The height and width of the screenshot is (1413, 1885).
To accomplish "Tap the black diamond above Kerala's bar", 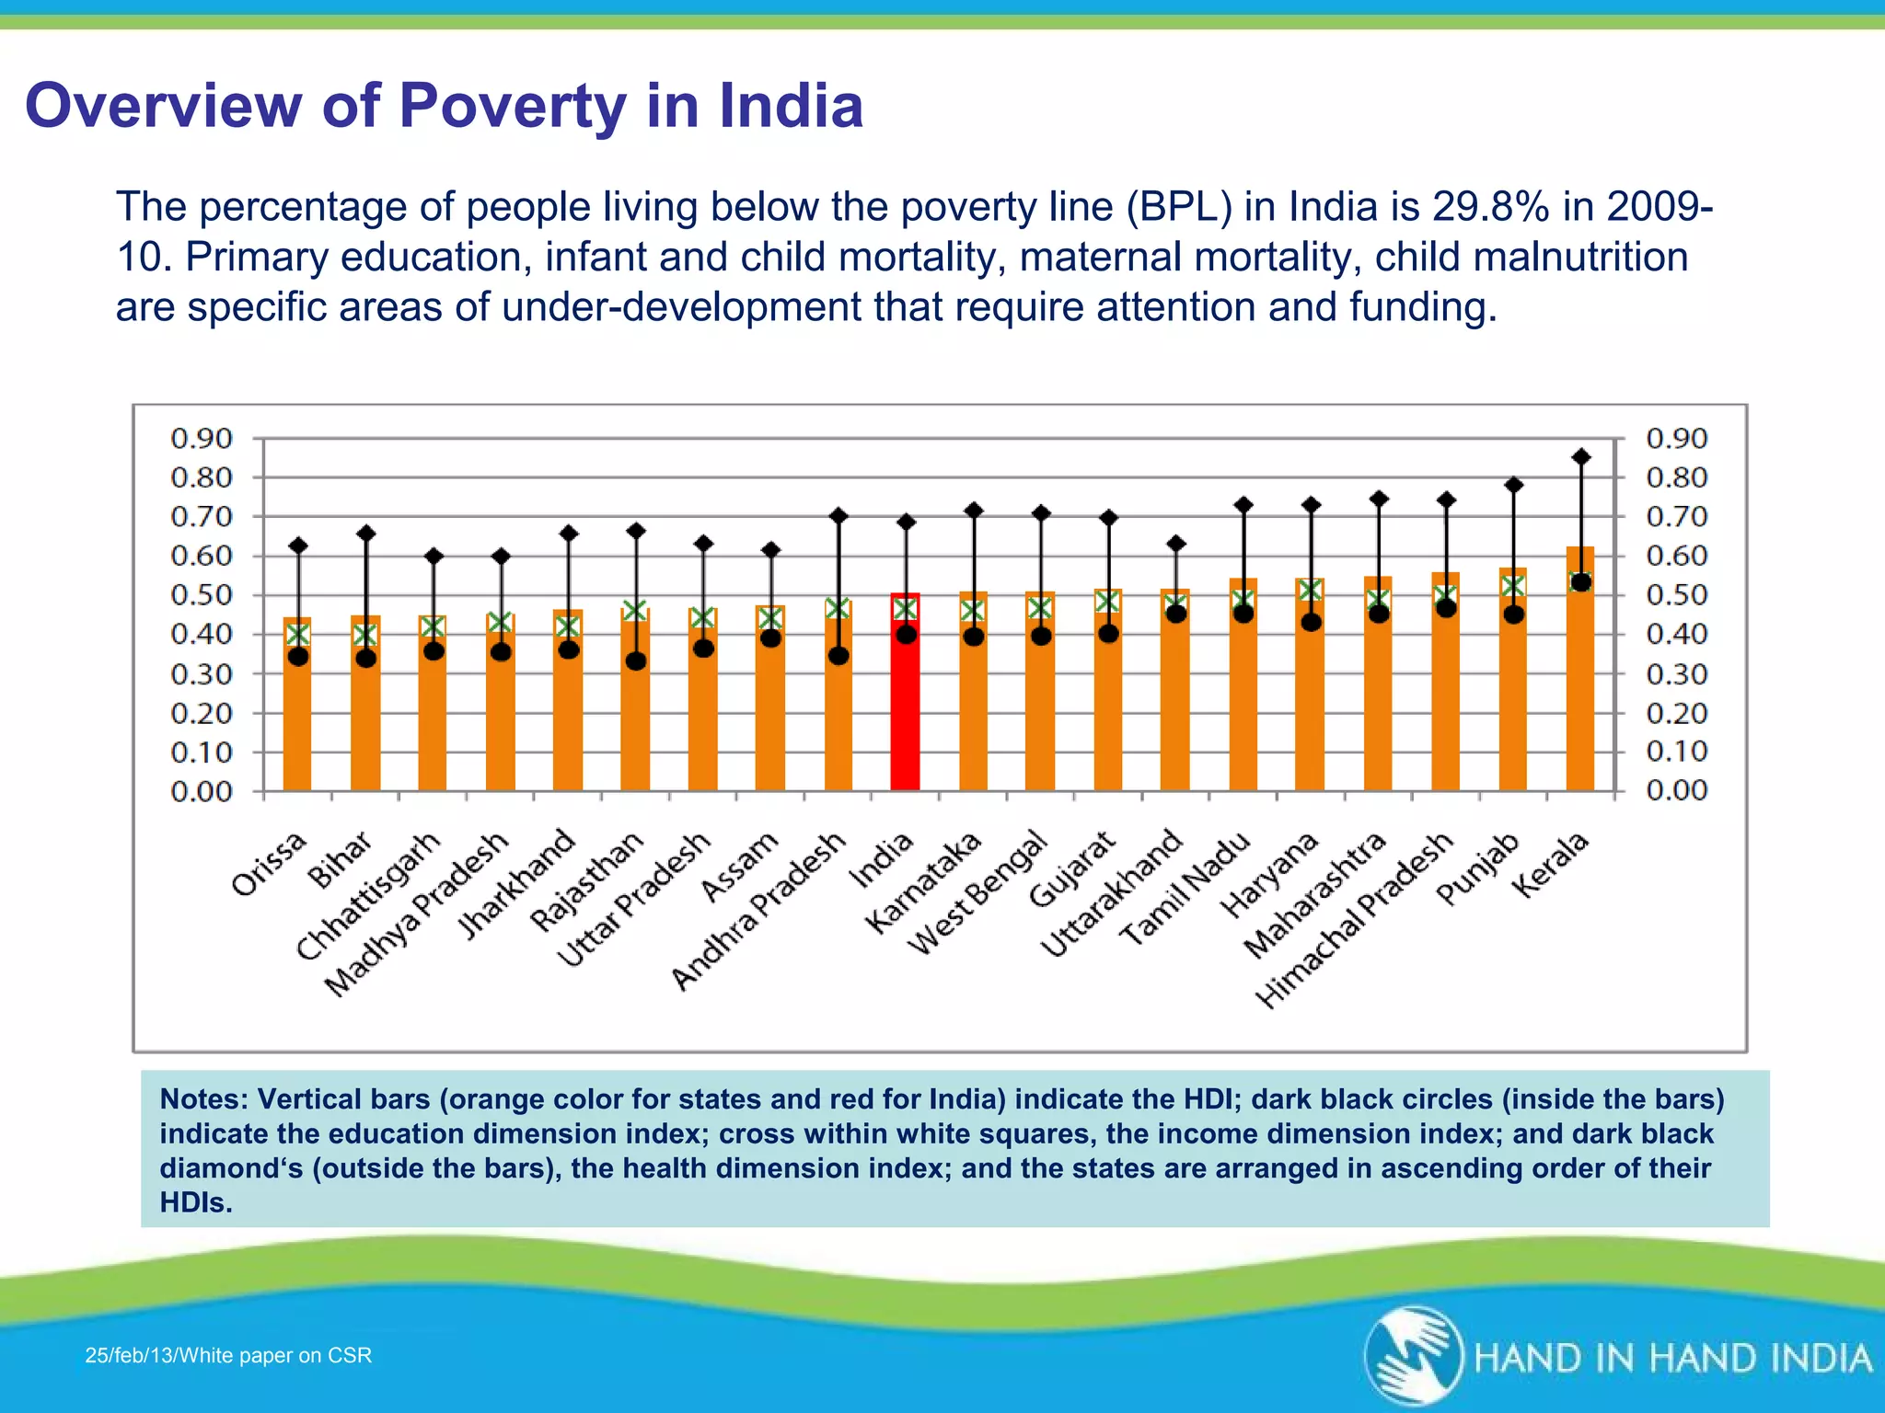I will (x=1581, y=456).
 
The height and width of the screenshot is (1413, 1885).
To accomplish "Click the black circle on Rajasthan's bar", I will (x=636, y=661).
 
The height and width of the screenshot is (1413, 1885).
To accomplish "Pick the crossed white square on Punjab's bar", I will (x=1512, y=586).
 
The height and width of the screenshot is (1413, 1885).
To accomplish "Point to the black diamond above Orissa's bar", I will (x=298, y=546).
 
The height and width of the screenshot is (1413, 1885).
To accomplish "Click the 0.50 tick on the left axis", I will (x=202, y=595).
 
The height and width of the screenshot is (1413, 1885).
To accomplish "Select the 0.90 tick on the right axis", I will (x=1676, y=438).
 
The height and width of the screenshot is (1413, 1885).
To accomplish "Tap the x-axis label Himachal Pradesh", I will (x=1354, y=920).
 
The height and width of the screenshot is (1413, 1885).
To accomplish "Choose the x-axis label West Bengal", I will (x=977, y=892).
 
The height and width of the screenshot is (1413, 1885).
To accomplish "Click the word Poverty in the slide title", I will (x=513, y=106).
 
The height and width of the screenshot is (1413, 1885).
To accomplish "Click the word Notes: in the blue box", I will (x=203, y=1099).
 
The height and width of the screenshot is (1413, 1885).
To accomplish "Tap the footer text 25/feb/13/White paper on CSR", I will (x=228, y=1355).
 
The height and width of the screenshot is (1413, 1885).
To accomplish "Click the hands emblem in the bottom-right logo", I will (x=1413, y=1355).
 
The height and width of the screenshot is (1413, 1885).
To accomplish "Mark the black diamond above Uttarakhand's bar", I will (x=1176, y=544).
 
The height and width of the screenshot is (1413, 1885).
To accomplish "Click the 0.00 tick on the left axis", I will (x=202, y=791).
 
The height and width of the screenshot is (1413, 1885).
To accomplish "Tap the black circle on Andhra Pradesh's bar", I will (x=838, y=656).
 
